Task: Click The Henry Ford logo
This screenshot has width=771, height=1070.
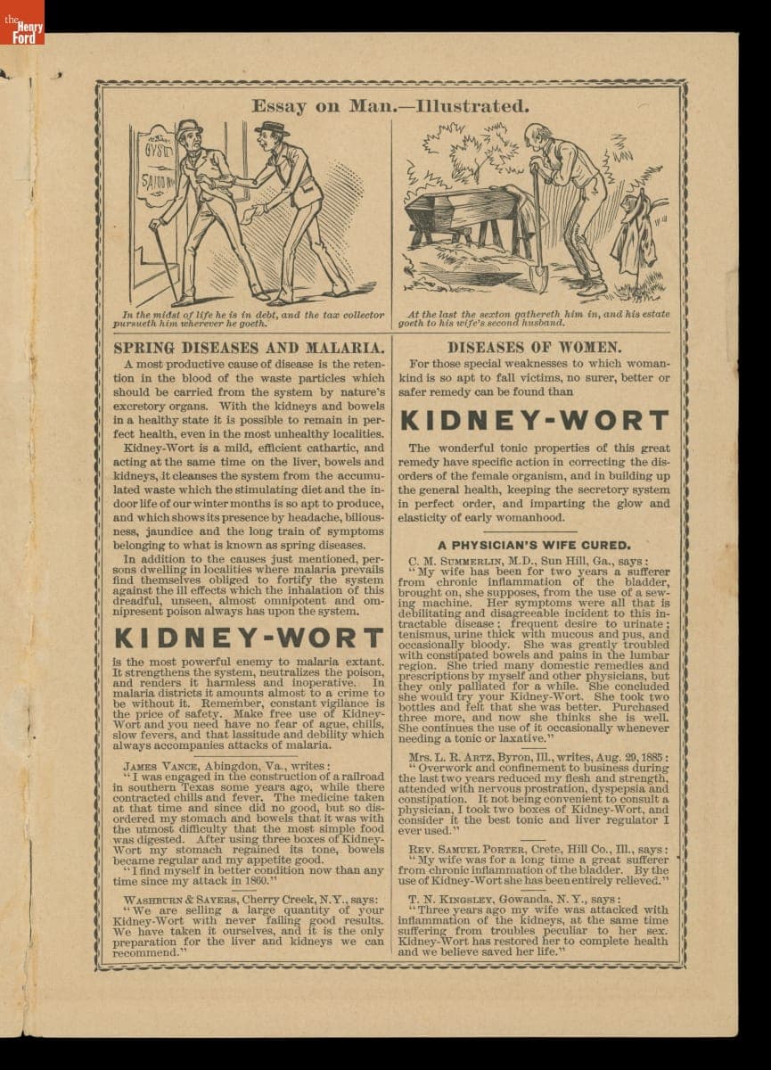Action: click(21, 22)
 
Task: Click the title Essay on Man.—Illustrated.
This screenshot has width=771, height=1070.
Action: click(390, 106)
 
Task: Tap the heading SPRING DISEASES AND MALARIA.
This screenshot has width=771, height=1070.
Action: click(250, 347)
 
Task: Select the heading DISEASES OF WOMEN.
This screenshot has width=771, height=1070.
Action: click(534, 347)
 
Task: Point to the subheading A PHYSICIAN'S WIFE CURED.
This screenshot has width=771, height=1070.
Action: click(533, 545)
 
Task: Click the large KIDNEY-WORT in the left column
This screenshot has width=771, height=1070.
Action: click(250, 638)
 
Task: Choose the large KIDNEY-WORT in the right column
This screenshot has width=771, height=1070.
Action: click(533, 421)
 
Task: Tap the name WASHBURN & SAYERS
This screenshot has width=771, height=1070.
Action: click(180, 899)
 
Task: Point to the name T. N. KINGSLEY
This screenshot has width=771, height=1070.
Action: click(461, 899)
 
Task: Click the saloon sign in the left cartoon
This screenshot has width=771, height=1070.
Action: click(156, 174)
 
